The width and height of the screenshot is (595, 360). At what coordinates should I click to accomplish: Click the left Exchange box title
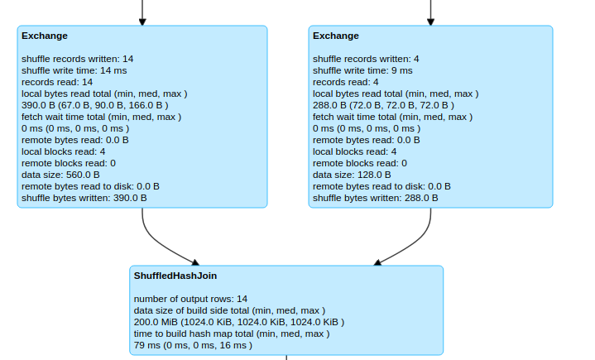[x=45, y=36]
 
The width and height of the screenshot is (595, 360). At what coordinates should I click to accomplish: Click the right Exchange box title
[x=336, y=36]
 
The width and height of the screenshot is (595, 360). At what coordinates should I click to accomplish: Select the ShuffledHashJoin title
[x=175, y=276]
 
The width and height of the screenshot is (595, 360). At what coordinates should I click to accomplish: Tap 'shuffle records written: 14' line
[x=77, y=59]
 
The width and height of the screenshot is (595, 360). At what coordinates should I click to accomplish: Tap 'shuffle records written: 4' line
[x=366, y=59]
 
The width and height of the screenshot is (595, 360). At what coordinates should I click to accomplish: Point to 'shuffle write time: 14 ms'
[x=74, y=70]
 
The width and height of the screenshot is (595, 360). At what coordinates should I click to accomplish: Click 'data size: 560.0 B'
[x=60, y=175]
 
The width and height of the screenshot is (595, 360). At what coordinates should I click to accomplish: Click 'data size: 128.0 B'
[x=352, y=175]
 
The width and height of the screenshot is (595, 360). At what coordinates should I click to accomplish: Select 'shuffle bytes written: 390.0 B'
[x=84, y=198]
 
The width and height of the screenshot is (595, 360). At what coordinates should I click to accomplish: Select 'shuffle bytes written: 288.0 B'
[x=375, y=198]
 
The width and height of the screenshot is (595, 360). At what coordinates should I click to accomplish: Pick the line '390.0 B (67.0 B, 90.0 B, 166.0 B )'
[x=95, y=105]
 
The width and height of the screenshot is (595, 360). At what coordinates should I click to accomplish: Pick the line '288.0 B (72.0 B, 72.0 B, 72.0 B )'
[x=383, y=105]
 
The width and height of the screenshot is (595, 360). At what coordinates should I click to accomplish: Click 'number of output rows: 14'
[x=190, y=299]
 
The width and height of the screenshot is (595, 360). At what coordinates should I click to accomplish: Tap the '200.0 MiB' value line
[x=238, y=322]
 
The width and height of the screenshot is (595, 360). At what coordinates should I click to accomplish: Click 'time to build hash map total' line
[x=231, y=334]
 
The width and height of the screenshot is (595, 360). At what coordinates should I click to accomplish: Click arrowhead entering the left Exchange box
[x=142, y=21]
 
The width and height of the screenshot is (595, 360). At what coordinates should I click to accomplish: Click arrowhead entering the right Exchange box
[x=430, y=21]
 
